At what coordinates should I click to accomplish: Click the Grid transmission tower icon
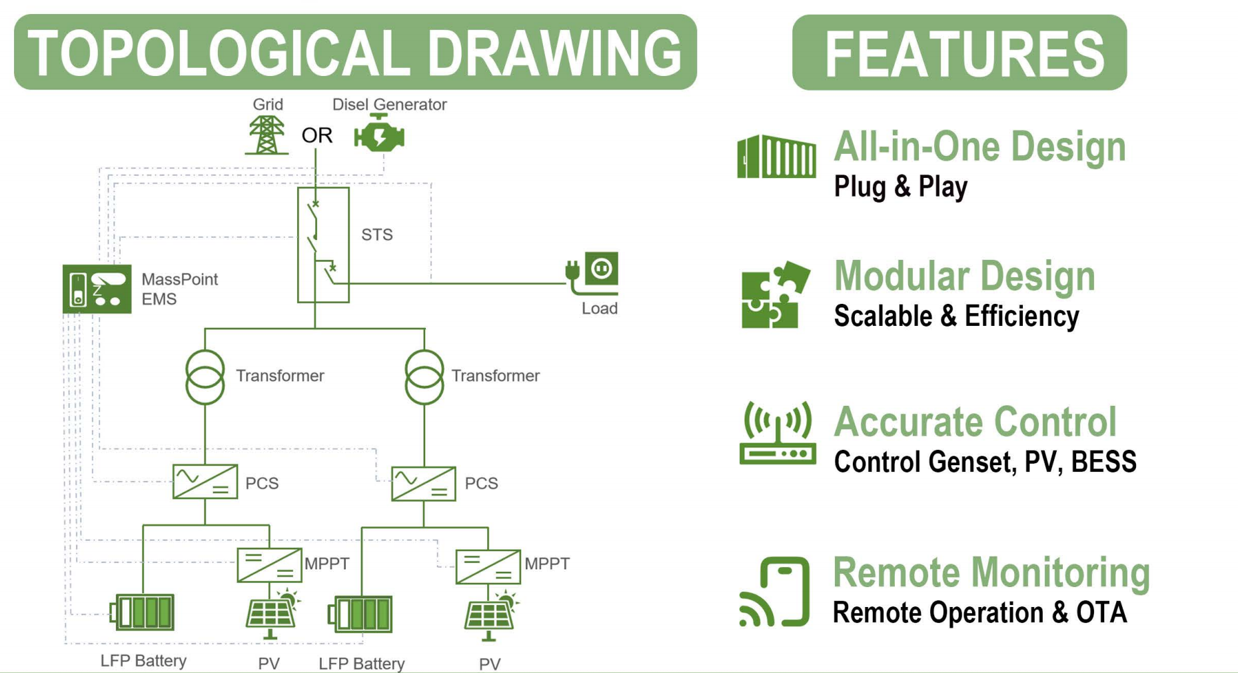(267, 135)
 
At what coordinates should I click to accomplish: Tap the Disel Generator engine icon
(379, 135)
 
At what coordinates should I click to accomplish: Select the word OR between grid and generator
(316, 135)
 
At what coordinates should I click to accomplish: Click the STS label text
(376, 235)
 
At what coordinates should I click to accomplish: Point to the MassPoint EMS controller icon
(97, 289)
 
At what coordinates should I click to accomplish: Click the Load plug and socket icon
(593, 273)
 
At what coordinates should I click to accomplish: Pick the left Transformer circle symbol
(205, 377)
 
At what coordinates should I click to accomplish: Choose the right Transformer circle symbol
(424, 377)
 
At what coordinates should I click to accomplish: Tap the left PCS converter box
(205, 481)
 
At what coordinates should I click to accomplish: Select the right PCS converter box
(424, 484)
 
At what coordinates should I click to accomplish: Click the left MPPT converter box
(269, 565)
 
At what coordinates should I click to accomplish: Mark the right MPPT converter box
(488, 566)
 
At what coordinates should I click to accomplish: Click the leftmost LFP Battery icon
(143, 612)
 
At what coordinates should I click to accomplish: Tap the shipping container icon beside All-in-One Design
(776, 157)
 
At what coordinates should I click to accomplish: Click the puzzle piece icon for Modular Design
(774, 295)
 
